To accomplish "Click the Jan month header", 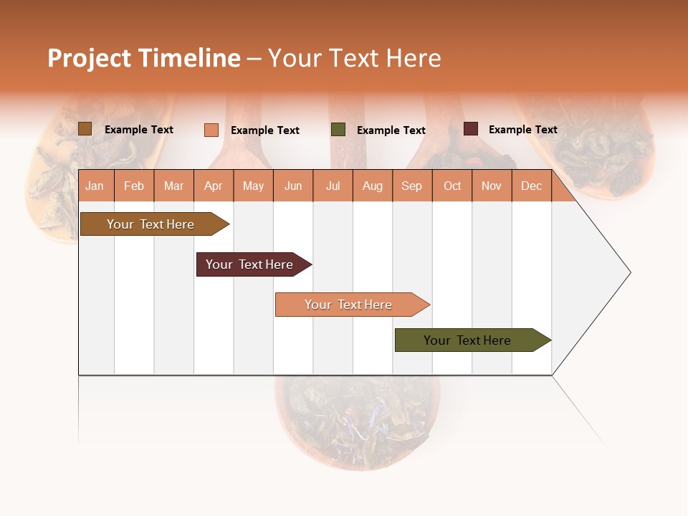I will click(x=95, y=186).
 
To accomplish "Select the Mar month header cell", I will click(x=173, y=186).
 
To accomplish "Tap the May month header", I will click(x=253, y=186).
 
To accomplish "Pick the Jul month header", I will click(x=333, y=186).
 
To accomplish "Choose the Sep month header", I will click(x=411, y=186).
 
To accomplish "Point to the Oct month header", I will click(x=452, y=186).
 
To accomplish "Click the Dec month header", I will click(x=531, y=186).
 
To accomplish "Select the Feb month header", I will click(x=134, y=186).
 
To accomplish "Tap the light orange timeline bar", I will click(x=350, y=305).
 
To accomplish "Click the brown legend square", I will click(x=85, y=129).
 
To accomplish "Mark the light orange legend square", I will click(x=211, y=130).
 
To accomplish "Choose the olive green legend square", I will click(x=338, y=130).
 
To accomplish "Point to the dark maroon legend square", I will click(x=470, y=129).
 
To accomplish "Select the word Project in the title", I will click(x=90, y=58).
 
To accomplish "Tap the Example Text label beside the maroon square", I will click(x=522, y=130).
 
